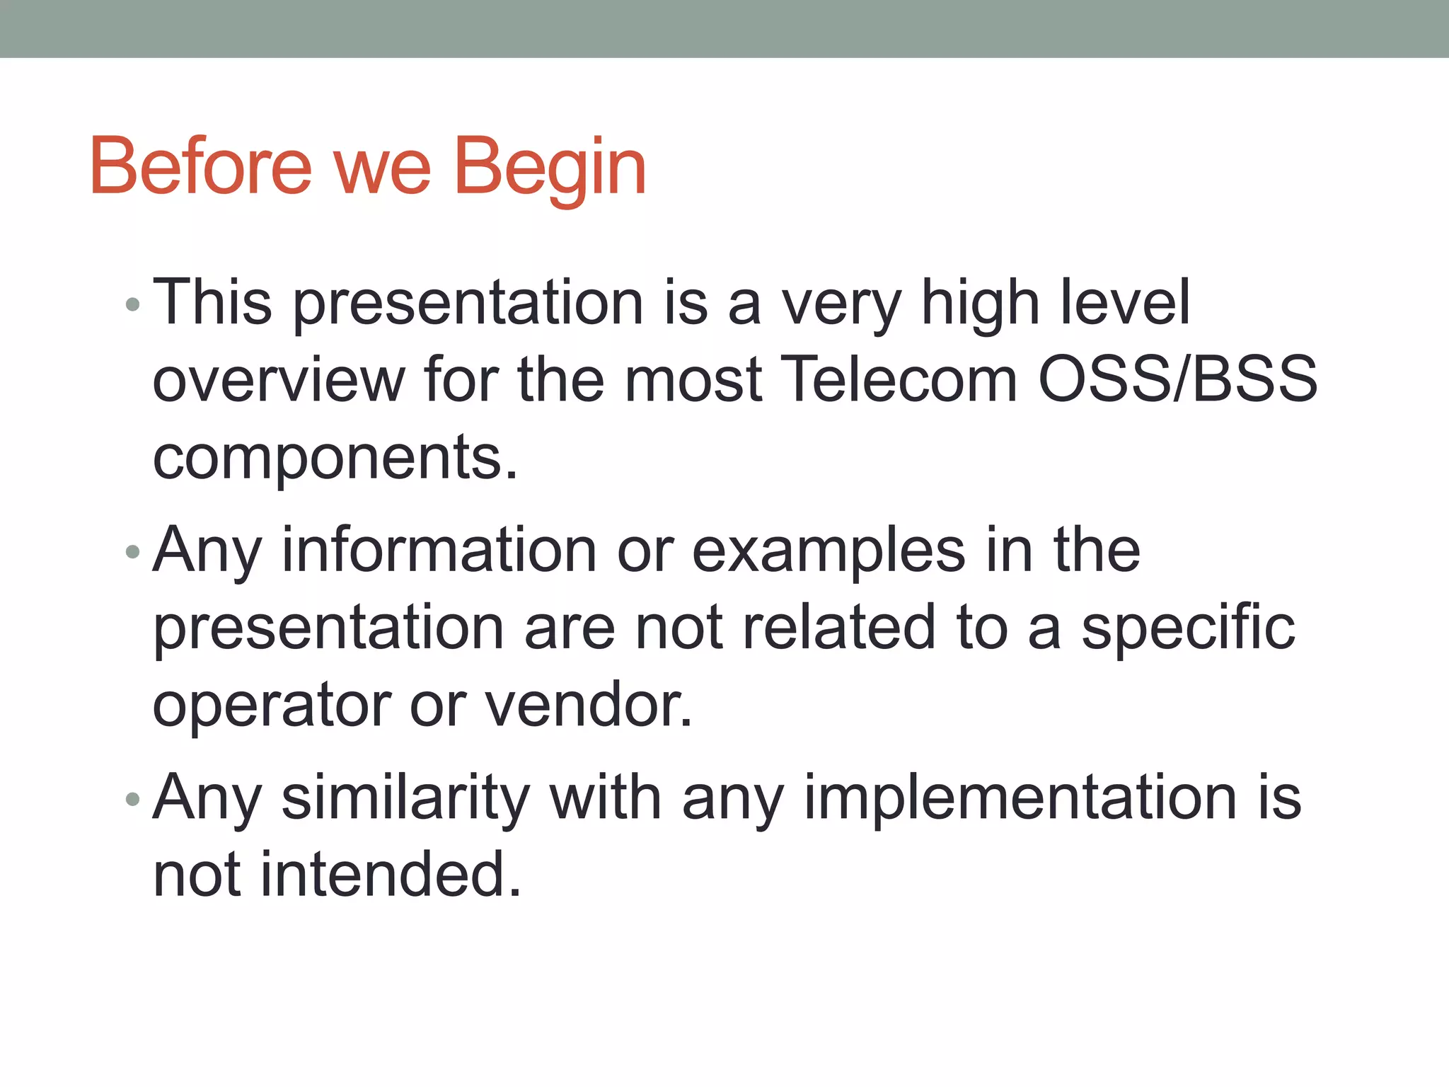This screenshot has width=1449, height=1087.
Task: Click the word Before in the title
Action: [200, 166]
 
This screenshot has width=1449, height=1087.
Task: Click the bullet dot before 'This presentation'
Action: [132, 305]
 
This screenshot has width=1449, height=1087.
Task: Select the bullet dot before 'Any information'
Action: [132, 552]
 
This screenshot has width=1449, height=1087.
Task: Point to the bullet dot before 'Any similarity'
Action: [132, 800]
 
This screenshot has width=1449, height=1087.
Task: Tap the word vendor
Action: [588, 706]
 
